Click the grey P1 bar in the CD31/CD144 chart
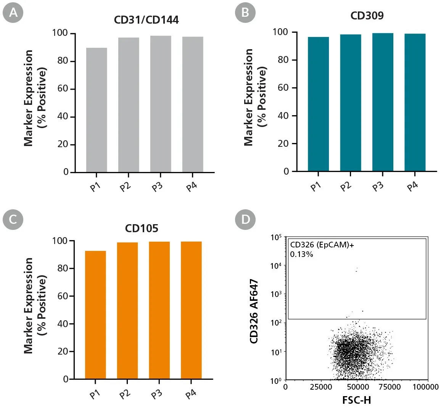pos(97,110)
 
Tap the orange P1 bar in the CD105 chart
pos(95,315)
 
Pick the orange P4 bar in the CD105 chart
pos(191,310)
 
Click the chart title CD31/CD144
pos(146,20)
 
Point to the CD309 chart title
pos(367,16)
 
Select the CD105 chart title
pos(142,228)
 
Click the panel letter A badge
pos(13,12)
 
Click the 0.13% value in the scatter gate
pos(301,254)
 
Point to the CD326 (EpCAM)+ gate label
pos(322,245)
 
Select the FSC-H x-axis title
pos(357,400)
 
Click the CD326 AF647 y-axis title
pos(254,311)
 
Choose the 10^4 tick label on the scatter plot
pos(275,266)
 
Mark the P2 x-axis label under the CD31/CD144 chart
pos(125,187)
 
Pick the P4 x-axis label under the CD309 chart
pos(412,186)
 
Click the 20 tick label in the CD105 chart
pos(63,352)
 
